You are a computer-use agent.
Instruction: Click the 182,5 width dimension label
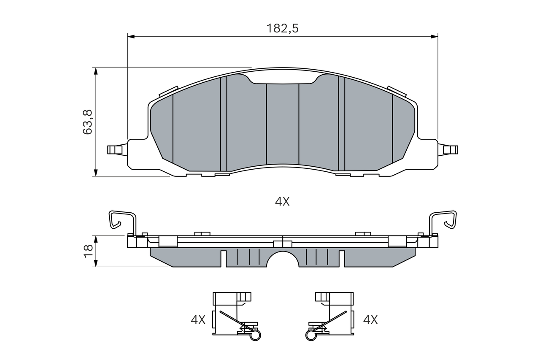tap(282, 28)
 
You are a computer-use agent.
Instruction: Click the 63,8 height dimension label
tap(87, 122)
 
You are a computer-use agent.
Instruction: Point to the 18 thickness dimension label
tap(88, 251)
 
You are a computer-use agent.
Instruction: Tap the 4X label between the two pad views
tap(282, 202)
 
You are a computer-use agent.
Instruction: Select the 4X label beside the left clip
tap(198, 320)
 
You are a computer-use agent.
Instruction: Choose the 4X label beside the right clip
tap(370, 320)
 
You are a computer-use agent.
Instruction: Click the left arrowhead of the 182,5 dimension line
tap(131, 37)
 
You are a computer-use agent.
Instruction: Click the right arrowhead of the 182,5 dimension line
tap(435, 37)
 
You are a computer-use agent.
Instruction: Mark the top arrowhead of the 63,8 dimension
tap(96, 71)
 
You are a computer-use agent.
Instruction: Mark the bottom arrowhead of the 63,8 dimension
tap(96, 173)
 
